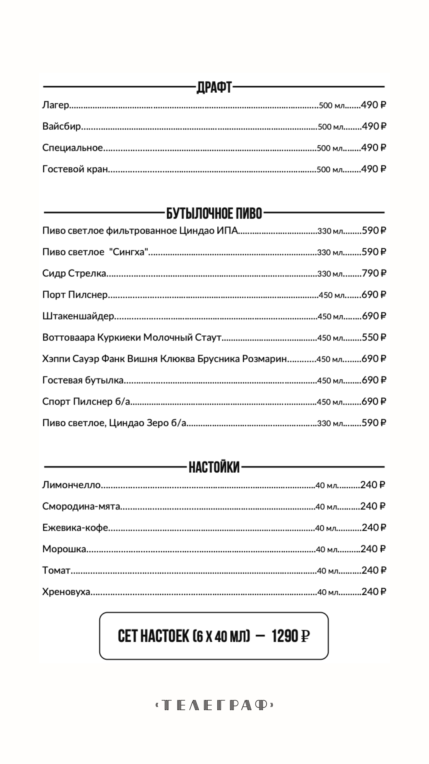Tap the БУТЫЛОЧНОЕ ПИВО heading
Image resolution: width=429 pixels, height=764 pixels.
[214, 214]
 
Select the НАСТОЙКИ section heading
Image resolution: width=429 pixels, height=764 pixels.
[214, 467]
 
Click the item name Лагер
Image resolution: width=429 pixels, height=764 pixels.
[56, 105]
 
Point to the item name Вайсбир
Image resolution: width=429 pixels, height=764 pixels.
[62, 127]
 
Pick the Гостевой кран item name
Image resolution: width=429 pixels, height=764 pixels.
[75, 169]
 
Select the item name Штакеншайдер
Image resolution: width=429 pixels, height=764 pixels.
[78, 316]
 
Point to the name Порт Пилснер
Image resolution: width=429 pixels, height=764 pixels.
[75, 295]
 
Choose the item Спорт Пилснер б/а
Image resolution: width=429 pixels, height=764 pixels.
[86, 401]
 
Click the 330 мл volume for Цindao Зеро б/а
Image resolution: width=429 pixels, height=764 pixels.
[330, 423]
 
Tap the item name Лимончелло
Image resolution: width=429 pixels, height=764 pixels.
[71, 485]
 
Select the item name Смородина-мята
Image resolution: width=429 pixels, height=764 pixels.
[81, 507]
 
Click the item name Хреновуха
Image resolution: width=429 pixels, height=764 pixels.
[66, 592]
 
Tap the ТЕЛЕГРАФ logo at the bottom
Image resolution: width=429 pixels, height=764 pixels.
[214, 706]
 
